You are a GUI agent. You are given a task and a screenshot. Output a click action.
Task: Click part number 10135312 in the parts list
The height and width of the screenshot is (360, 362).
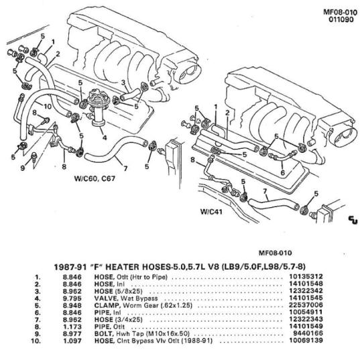(306, 276)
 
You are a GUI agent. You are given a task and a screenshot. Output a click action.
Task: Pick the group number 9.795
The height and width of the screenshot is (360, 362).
(72, 298)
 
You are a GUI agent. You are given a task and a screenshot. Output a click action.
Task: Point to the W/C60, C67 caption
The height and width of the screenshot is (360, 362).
(95, 178)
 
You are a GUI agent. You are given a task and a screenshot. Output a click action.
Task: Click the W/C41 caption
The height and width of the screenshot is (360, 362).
(211, 212)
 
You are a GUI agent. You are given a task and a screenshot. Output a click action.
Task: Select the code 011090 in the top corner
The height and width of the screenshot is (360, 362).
(341, 19)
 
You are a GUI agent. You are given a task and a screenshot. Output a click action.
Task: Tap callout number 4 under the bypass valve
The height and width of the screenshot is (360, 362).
(105, 137)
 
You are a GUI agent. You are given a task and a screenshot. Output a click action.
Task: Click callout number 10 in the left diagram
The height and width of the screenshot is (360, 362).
(48, 107)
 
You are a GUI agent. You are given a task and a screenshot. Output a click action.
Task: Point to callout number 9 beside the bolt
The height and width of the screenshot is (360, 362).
(22, 168)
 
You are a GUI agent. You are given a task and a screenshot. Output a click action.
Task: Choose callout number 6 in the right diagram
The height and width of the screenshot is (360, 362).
(283, 172)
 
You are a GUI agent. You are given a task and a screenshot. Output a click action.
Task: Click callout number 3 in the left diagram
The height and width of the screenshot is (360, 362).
(123, 82)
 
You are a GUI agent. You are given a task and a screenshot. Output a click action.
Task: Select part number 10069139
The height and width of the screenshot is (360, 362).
(306, 341)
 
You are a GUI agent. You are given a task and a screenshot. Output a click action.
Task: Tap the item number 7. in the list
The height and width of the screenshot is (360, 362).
(38, 320)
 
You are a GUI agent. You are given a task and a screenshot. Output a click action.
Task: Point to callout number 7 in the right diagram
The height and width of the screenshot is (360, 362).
(265, 191)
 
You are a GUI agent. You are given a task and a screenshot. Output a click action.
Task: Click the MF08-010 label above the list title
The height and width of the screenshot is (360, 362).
(276, 253)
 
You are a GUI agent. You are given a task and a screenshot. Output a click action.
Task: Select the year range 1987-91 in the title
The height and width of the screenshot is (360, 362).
(70, 267)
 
